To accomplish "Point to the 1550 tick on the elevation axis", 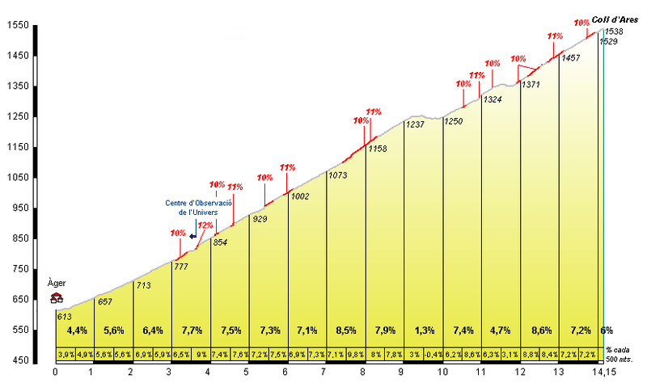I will [19, 26].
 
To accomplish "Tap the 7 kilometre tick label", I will [323, 372].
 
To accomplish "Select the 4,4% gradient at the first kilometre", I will [76, 330].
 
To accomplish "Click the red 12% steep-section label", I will [205, 225].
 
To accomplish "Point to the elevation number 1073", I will [338, 175].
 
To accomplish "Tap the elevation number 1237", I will [415, 125].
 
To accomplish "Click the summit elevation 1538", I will [613, 31].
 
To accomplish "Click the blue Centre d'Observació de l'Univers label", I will [199, 207].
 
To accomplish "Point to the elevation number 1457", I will [570, 58].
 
